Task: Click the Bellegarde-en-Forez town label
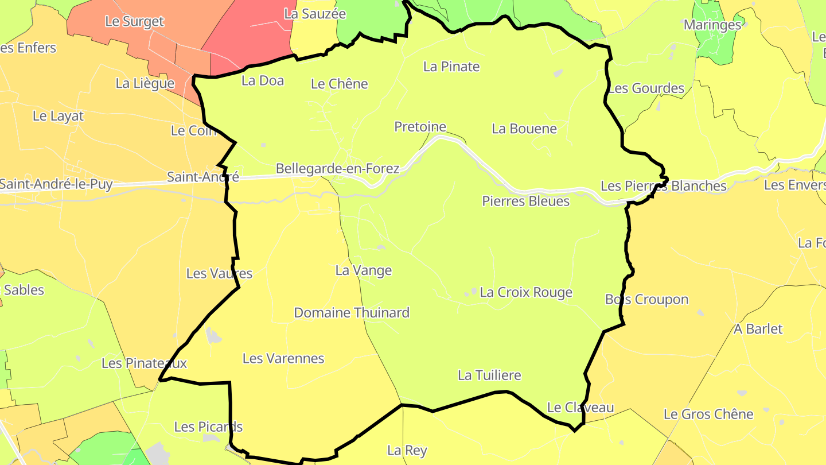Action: [x=337, y=169]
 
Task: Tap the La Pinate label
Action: [x=451, y=67]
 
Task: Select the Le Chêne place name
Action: [x=339, y=84]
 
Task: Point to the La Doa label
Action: [x=263, y=80]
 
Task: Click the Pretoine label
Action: [x=420, y=126]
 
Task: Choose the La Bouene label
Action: [x=524, y=129]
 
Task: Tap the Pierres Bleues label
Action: [x=525, y=201]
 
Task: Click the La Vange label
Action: [x=364, y=270]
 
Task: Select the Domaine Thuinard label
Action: [x=352, y=313]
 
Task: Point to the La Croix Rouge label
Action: [x=526, y=293]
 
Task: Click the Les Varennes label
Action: [x=283, y=359]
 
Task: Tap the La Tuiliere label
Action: [x=489, y=375]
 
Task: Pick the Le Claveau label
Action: [x=580, y=408]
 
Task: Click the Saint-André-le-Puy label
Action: [x=56, y=184]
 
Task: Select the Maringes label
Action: [x=712, y=25]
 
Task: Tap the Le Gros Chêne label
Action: [x=708, y=414]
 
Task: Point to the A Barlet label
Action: [x=758, y=329]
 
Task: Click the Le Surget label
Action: [x=134, y=22]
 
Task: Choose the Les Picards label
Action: [x=208, y=427]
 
